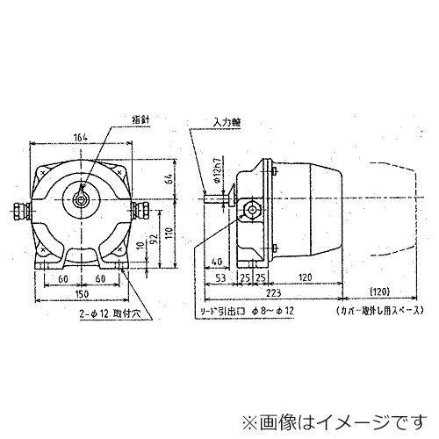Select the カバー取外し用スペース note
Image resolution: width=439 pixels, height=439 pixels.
[x=378, y=311]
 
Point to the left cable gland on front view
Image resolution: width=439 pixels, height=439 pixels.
[x=19, y=211]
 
